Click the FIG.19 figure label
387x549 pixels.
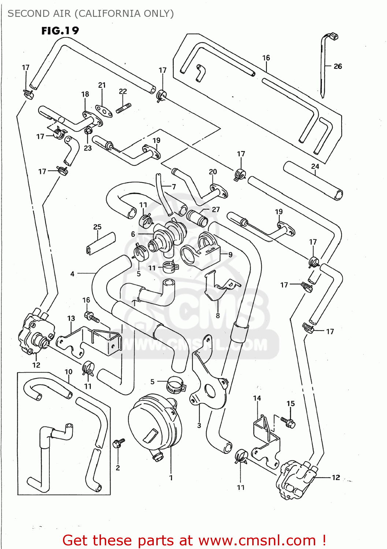click(60, 31)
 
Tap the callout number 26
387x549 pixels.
click(338, 66)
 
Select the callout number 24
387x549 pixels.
click(315, 166)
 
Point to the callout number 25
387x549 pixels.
click(97, 227)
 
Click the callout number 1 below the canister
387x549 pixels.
click(171, 478)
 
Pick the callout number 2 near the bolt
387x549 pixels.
click(118, 468)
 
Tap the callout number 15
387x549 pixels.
click(290, 403)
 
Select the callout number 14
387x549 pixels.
click(257, 398)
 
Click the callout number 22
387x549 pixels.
click(123, 91)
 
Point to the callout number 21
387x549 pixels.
click(102, 85)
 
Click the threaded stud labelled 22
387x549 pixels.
click(124, 108)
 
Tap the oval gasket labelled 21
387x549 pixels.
click(104, 111)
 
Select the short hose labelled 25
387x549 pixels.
click(101, 243)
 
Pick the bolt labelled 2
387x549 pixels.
click(119, 443)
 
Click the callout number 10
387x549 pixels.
click(68, 372)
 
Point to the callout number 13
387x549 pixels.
click(71, 318)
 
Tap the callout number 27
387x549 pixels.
click(216, 209)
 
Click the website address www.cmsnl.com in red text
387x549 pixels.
click(257, 540)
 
